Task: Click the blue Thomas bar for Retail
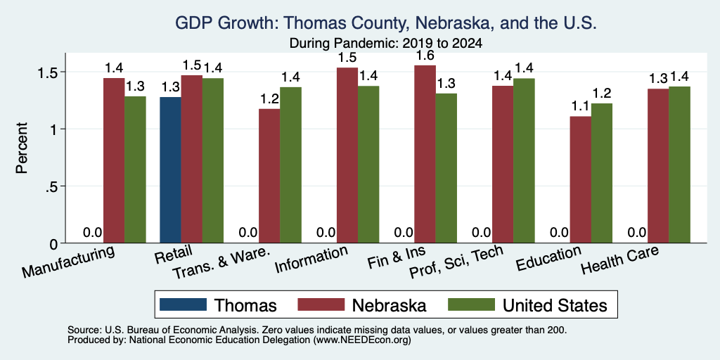[170, 170]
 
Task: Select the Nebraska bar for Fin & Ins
[425, 154]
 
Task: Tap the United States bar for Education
[602, 173]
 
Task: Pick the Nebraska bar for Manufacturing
[113, 160]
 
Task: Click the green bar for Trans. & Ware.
[290, 165]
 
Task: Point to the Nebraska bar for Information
[347, 155]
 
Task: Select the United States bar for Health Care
[680, 165]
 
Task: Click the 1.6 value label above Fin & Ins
[425, 56]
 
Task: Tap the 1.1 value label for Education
[580, 107]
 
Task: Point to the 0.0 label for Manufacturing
[92, 232]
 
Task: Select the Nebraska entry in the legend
[362, 304]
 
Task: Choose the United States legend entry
[528, 304]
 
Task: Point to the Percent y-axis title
[22, 148]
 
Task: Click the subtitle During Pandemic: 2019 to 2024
[385, 44]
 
